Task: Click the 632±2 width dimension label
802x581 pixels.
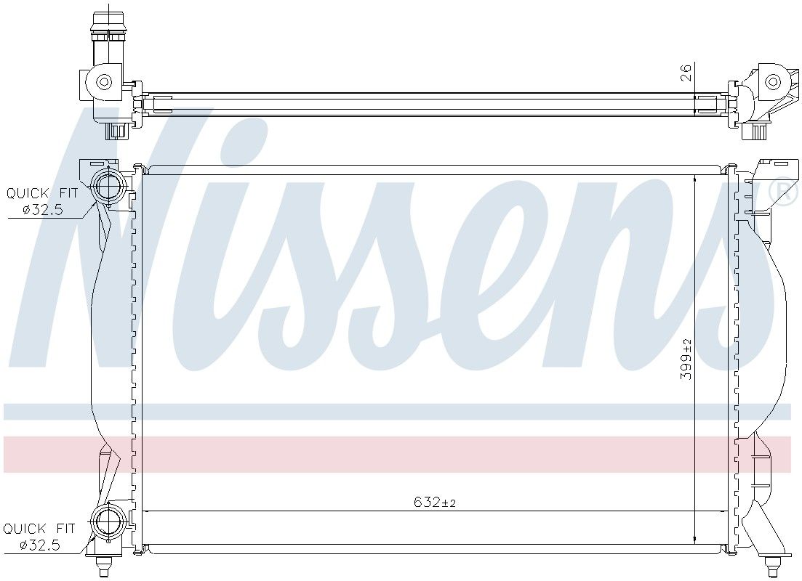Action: coord(434,503)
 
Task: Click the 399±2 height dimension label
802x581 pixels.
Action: coord(686,359)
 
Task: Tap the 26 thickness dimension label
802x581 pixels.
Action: coord(686,73)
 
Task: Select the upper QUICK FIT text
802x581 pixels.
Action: coord(42,193)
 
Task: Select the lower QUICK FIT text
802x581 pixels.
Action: coord(39,529)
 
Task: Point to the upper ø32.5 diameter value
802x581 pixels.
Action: coord(42,210)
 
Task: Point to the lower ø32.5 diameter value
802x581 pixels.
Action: coord(40,545)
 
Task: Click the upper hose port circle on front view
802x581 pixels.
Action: coord(108,187)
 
